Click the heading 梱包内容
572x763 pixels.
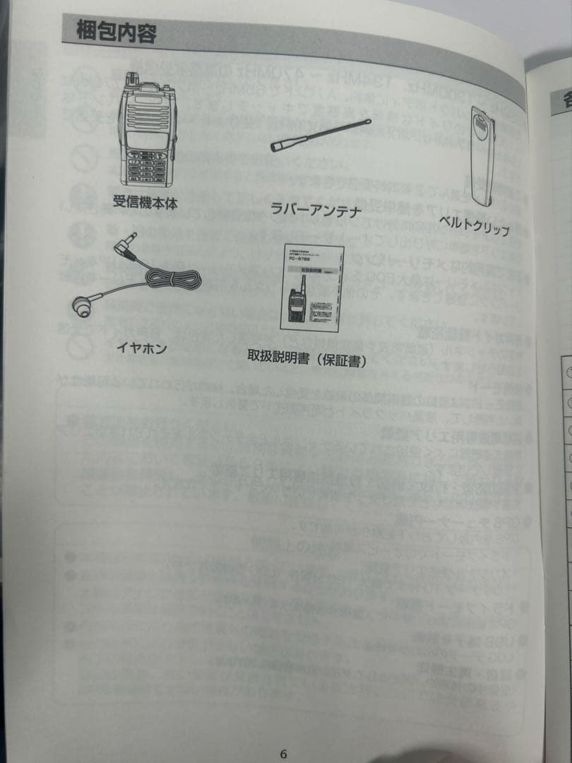pyautogui.click(x=117, y=32)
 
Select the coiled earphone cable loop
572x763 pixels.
pyautogui.click(x=172, y=279)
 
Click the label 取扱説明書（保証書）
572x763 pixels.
pyautogui.click(x=306, y=358)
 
